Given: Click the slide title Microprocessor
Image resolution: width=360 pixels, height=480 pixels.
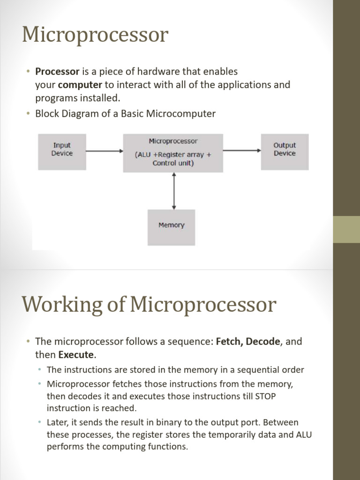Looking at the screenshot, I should click(x=95, y=35).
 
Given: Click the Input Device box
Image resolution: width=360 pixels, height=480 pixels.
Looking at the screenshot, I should click(x=62, y=150).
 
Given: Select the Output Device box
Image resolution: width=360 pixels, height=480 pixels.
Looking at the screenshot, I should click(x=285, y=150).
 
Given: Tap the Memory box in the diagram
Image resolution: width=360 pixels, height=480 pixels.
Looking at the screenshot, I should click(x=171, y=225).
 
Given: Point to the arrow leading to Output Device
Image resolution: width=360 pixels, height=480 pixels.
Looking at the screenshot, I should click(x=242, y=150).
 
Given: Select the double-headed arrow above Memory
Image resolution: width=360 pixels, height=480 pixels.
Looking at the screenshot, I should click(x=174, y=190).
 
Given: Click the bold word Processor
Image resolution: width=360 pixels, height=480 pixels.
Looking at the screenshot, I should click(x=57, y=72).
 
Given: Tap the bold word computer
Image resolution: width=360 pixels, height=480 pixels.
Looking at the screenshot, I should click(x=80, y=85).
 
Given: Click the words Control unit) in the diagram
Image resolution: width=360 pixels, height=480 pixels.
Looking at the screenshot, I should click(x=173, y=164).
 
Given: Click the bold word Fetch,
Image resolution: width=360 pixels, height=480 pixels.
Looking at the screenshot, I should click(x=229, y=341).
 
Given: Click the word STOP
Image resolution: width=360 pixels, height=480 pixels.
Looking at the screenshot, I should click(x=265, y=396).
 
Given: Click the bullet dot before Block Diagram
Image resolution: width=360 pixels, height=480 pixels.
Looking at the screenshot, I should click(x=28, y=114).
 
